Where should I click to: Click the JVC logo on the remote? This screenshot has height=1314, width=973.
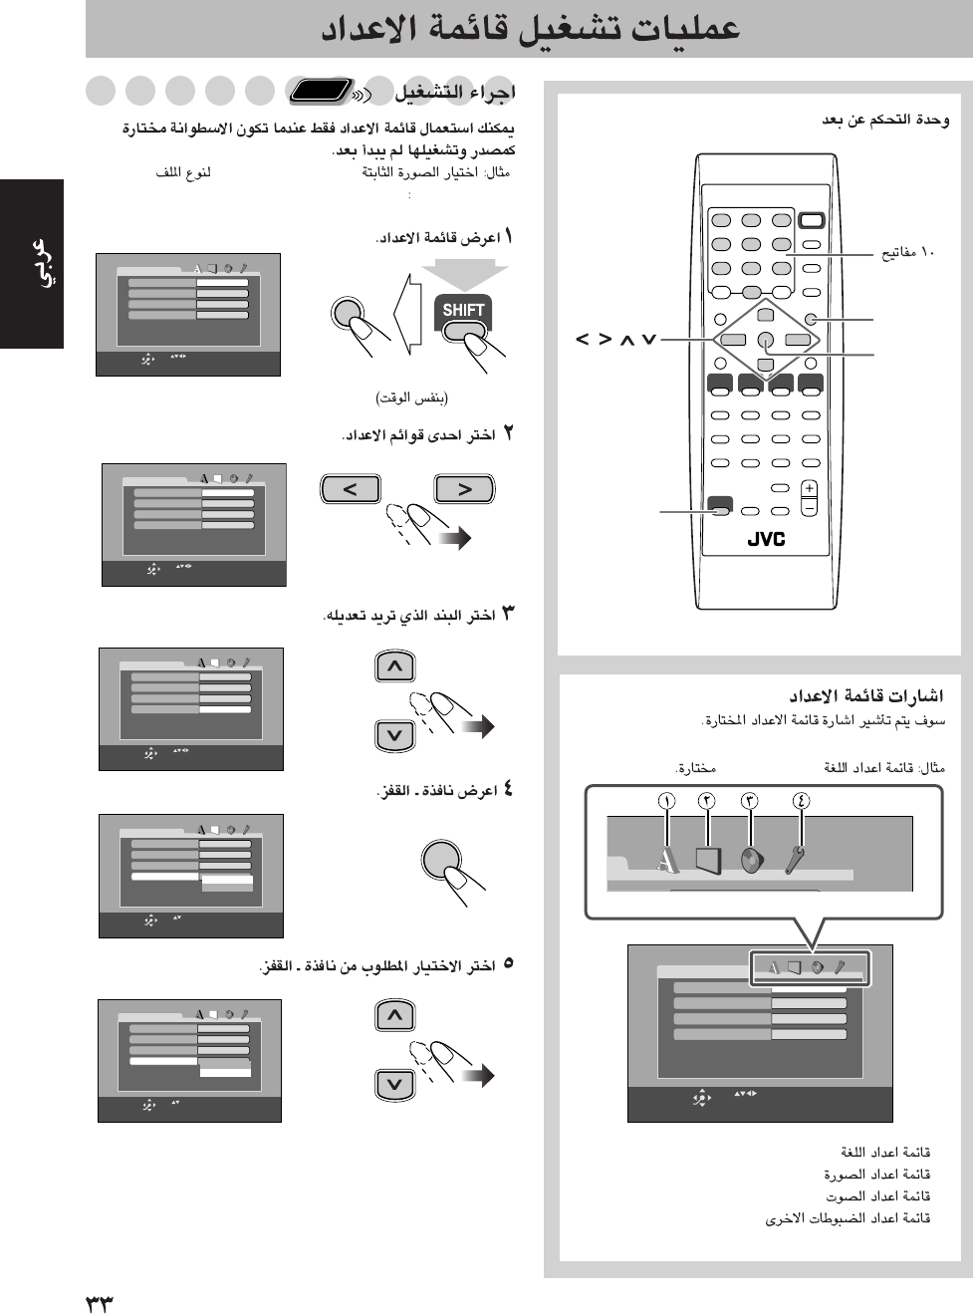pos(766,539)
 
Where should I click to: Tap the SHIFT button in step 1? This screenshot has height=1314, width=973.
pos(463,310)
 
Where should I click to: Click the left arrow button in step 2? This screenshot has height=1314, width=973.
pos(349,489)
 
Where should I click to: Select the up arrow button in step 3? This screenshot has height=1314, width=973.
pos(395,666)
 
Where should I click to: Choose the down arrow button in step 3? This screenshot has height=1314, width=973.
pos(395,735)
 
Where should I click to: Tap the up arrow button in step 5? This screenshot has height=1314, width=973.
pos(395,1015)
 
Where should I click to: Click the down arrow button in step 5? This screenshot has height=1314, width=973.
pos(395,1084)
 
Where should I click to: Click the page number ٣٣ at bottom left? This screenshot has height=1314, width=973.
pos(100,1303)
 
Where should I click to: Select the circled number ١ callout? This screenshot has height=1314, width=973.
pos(666,801)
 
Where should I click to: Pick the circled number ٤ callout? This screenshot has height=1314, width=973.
pos(801,801)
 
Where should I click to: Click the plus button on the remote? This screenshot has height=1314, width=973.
pos(809,488)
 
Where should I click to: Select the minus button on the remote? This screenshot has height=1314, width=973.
pos(809,507)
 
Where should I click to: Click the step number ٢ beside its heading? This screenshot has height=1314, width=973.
pos(508,434)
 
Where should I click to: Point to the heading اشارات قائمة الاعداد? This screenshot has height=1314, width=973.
pos(865,695)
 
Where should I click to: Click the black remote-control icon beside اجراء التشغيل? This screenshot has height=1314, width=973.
pos(321,92)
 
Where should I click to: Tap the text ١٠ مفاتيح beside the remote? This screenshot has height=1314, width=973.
pos(907,252)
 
